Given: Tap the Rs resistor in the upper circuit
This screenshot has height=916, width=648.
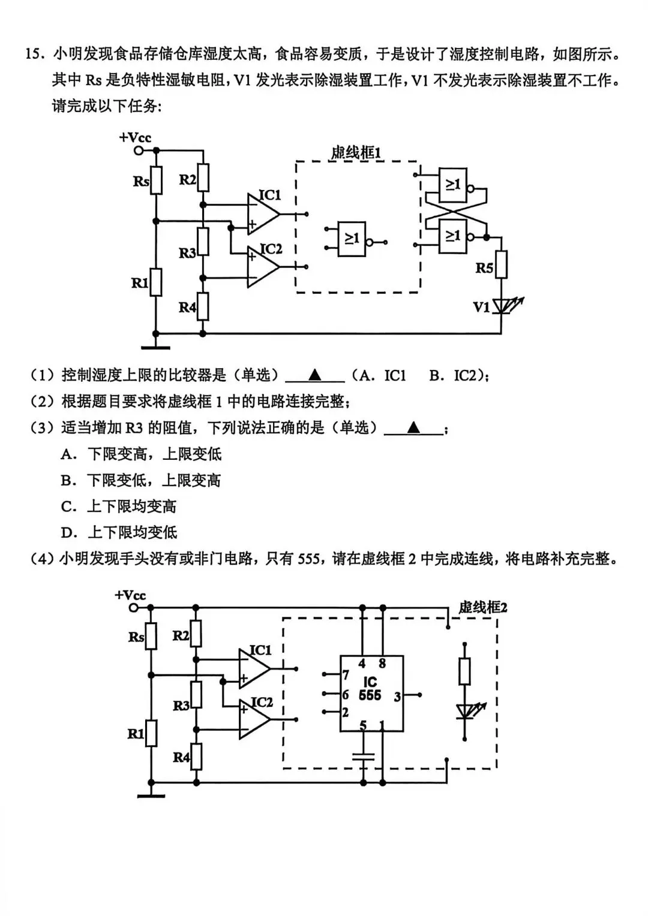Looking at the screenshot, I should click(156, 180).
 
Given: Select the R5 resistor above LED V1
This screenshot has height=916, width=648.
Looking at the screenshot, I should click(501, 264).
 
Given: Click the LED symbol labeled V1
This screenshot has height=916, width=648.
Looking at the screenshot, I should click(502, 306).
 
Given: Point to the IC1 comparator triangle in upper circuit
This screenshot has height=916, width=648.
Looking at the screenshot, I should click(262, 214).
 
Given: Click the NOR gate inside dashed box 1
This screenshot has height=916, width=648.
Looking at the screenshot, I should click(352, 239).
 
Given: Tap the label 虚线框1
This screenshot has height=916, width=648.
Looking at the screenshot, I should click(355, 153).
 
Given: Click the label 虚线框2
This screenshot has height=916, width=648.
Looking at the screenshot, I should click(482, 607).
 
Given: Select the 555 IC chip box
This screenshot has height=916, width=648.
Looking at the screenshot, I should click(371, 693).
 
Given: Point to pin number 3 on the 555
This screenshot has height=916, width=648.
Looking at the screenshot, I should click(397, 697).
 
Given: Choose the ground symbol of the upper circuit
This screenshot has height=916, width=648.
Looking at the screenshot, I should click(155, 346).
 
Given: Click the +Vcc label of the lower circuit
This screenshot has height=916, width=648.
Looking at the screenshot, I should click(130, 595).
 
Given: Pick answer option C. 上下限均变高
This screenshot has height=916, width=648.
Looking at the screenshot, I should click(119, 507).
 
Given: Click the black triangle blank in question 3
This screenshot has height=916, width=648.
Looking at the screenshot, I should click(413, 427).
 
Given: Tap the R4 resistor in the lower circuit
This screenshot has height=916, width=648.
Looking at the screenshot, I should click(196, 757).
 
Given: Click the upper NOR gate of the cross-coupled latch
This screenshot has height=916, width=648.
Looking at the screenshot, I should click(453, 184).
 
